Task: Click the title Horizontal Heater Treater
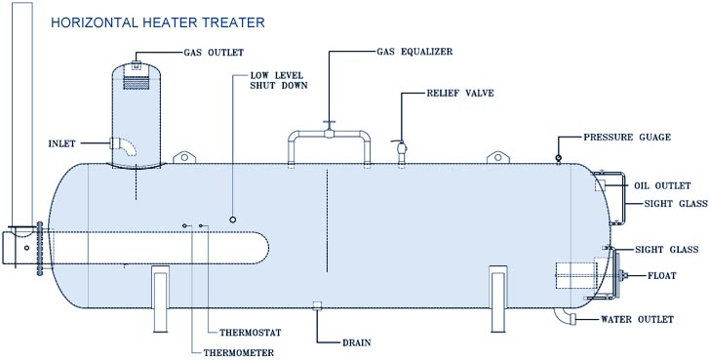[157, 22]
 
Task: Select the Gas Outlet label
[214, 53]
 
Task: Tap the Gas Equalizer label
[414, 52]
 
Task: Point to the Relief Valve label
[460, 94]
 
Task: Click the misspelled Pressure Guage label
[627, 137]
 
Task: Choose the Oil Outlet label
[662, 186]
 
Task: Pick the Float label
[662, 275]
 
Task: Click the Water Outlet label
[637, 319]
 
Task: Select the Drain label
[356, 342]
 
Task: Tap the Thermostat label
[251, 333]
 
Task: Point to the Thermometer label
[238, 353]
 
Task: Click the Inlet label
[62, 143]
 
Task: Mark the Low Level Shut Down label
[279, 81]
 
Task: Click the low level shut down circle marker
[233, 220]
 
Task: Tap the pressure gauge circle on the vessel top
[559, 157]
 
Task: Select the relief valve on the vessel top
[401, 150]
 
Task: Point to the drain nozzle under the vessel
[317, 305]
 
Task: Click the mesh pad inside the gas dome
[137, 82]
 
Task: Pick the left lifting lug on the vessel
[184, 157]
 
